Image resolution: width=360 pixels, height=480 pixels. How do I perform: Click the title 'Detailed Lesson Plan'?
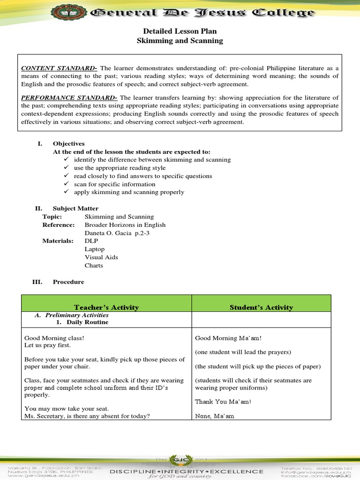pyautogui.click(x=180, y=31)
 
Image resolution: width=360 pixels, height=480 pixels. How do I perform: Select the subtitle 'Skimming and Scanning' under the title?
pyautogui.click(x=180, y=41)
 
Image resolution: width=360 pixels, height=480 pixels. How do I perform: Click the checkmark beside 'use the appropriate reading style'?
pyautogui.click(x=67, y=168)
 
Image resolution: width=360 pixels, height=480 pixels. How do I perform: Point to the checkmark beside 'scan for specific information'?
pyautogui.click(x=67, y=184)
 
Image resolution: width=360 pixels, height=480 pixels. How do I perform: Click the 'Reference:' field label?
pyautogui.click(x=59, y=225)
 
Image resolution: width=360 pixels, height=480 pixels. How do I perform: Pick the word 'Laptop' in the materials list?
pyautogui.click(x=95, y=249)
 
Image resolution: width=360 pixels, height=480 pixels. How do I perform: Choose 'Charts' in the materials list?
pyautogui.click(x=94, y=266)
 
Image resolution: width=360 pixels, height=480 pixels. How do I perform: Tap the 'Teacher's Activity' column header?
pyautogui.click(x=106, y=307)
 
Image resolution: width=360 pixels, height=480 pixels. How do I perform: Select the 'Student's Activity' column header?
pyautogui.click(x=261, y=307)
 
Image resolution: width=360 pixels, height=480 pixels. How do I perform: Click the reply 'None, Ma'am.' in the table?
pyautogui.click(x=215, y=416)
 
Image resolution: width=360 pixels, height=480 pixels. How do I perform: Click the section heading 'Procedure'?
pyautogui.click(x=68, y=282)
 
